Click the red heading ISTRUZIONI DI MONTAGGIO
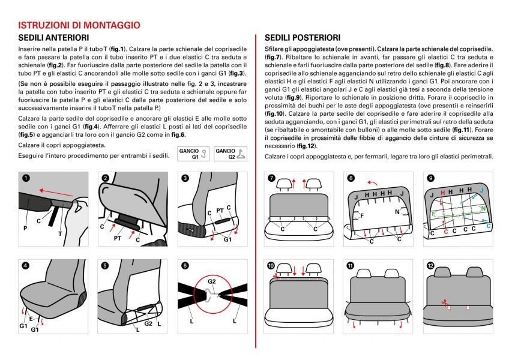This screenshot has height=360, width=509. [80, 26]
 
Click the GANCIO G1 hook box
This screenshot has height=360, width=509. [194, 154]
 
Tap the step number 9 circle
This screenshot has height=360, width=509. [430, 178]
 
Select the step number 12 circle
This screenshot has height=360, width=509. [430, 265]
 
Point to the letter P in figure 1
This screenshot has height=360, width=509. [25, 228]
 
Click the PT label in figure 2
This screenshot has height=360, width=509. [118, 238]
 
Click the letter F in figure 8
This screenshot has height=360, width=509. [361, 214]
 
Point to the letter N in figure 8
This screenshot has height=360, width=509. [397, 212]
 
